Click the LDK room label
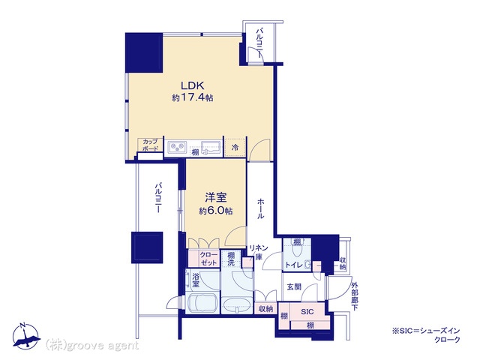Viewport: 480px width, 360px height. coord(193,85)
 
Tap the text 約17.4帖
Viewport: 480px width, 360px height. coord(193,97)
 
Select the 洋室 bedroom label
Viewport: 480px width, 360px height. coord(216,197)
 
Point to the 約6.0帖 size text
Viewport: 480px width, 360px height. coord(216,211)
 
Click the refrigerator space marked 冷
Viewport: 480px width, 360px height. coord(235,147)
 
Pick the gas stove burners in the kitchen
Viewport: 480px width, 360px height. coord(177,147)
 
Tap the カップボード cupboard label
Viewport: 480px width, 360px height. coord(150,145)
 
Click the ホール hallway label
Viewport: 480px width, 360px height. coord(260,208)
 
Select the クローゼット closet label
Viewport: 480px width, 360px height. coord(208,259)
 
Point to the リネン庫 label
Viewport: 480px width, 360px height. coord(259,252)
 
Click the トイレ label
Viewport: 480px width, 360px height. coord(294,265)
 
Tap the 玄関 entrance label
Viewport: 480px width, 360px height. coord(294,286)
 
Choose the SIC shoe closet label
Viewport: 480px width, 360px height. coord(307,312)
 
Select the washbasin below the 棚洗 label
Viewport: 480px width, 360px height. coord(237,304)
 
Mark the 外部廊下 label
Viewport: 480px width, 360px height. coord(354,295)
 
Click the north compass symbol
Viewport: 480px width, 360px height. coord(26,336)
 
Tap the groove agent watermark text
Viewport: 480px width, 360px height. coord(92,345)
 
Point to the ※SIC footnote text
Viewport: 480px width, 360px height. coord(426,335)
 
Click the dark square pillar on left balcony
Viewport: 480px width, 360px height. coord(147,247)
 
